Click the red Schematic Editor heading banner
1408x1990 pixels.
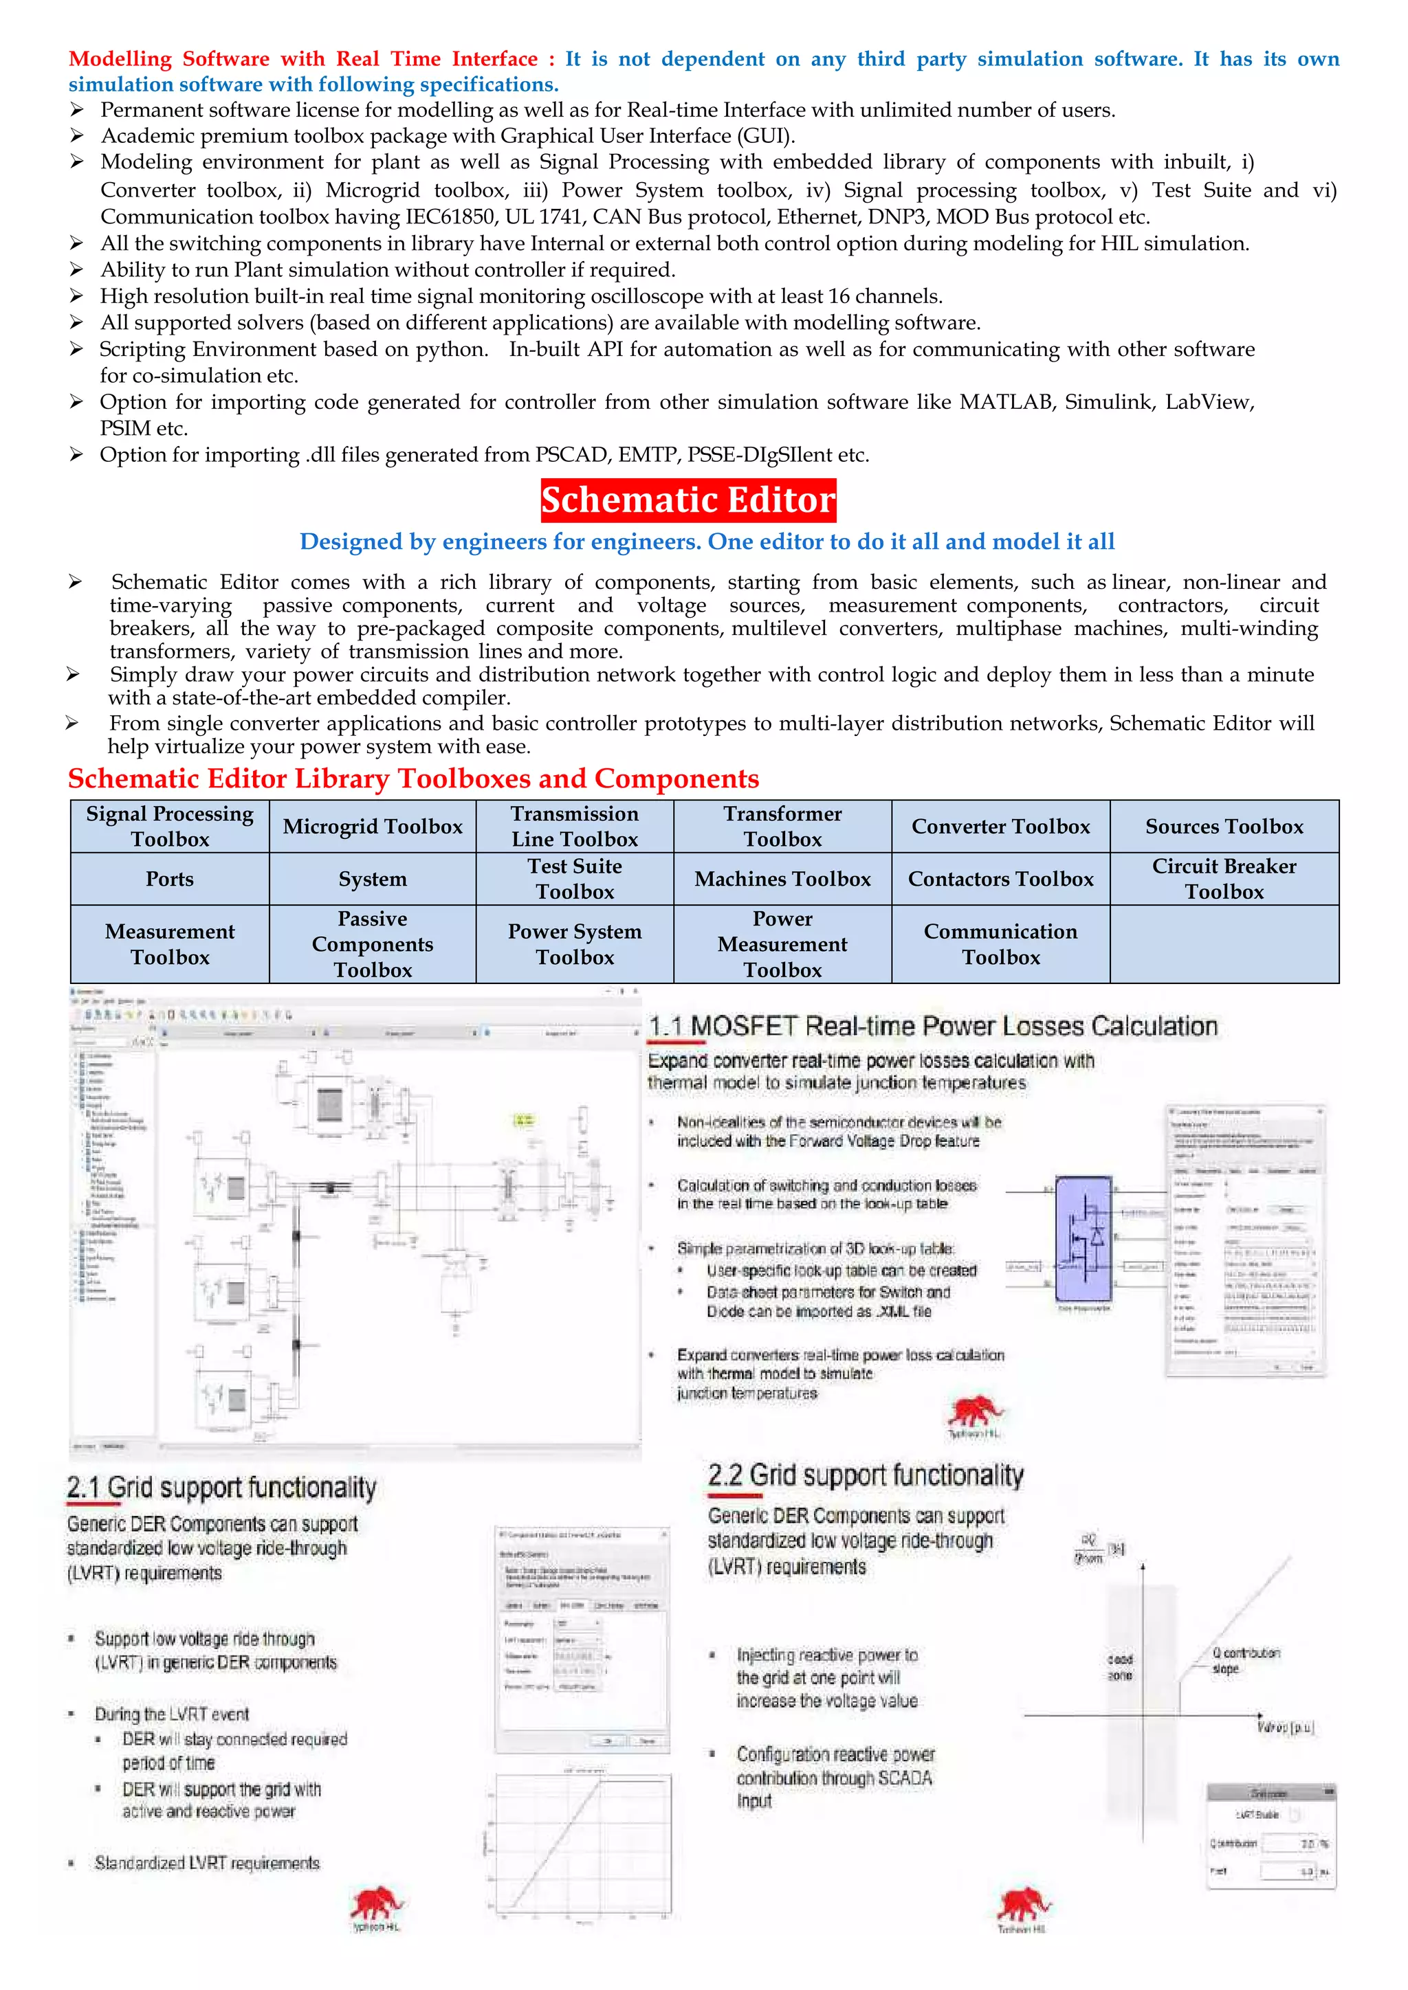pos(688,500)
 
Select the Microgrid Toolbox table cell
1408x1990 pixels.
pos(373,826)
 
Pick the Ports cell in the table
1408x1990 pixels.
pos(170,879)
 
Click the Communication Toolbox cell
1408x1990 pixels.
pos(1000,944)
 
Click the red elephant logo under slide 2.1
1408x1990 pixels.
pos(376,1903)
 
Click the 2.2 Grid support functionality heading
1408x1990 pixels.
pos(866,1475)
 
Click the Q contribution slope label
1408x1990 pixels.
pos(1245,1659)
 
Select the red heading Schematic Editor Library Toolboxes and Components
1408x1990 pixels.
pos(414,779)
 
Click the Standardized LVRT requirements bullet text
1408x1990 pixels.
pos(207,1863)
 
